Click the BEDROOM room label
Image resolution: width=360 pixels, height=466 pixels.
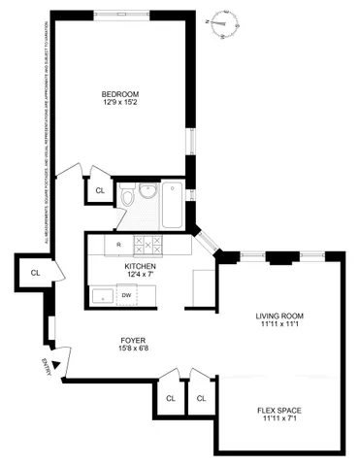[121, 93]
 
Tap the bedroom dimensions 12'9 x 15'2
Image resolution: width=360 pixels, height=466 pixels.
[121, 103]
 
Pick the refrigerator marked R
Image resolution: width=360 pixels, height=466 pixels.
[117, 244]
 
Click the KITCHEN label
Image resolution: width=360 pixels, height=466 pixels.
[141, 265]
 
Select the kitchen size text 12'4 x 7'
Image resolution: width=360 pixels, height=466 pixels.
[141, 275]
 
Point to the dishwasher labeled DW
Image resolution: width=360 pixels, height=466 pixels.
[126, 296]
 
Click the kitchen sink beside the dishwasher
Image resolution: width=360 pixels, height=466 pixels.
[101, 296]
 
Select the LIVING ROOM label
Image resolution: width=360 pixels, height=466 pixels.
[280, 316]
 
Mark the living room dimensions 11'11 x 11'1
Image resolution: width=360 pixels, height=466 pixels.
[280, 325]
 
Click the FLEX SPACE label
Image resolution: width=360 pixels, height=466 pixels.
[280, 411]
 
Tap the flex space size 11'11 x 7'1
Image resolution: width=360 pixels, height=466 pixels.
[280, 420]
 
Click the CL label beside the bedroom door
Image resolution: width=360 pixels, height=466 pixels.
[100, 189]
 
